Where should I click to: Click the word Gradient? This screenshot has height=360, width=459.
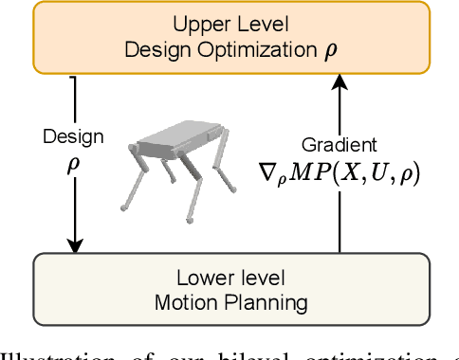pyautogui.click(x=340, y=146)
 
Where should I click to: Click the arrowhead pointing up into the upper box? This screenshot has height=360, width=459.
pyautogui.click(x=340, y=86)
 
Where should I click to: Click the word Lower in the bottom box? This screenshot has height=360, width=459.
pyautogui.click(x=202, y=279)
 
